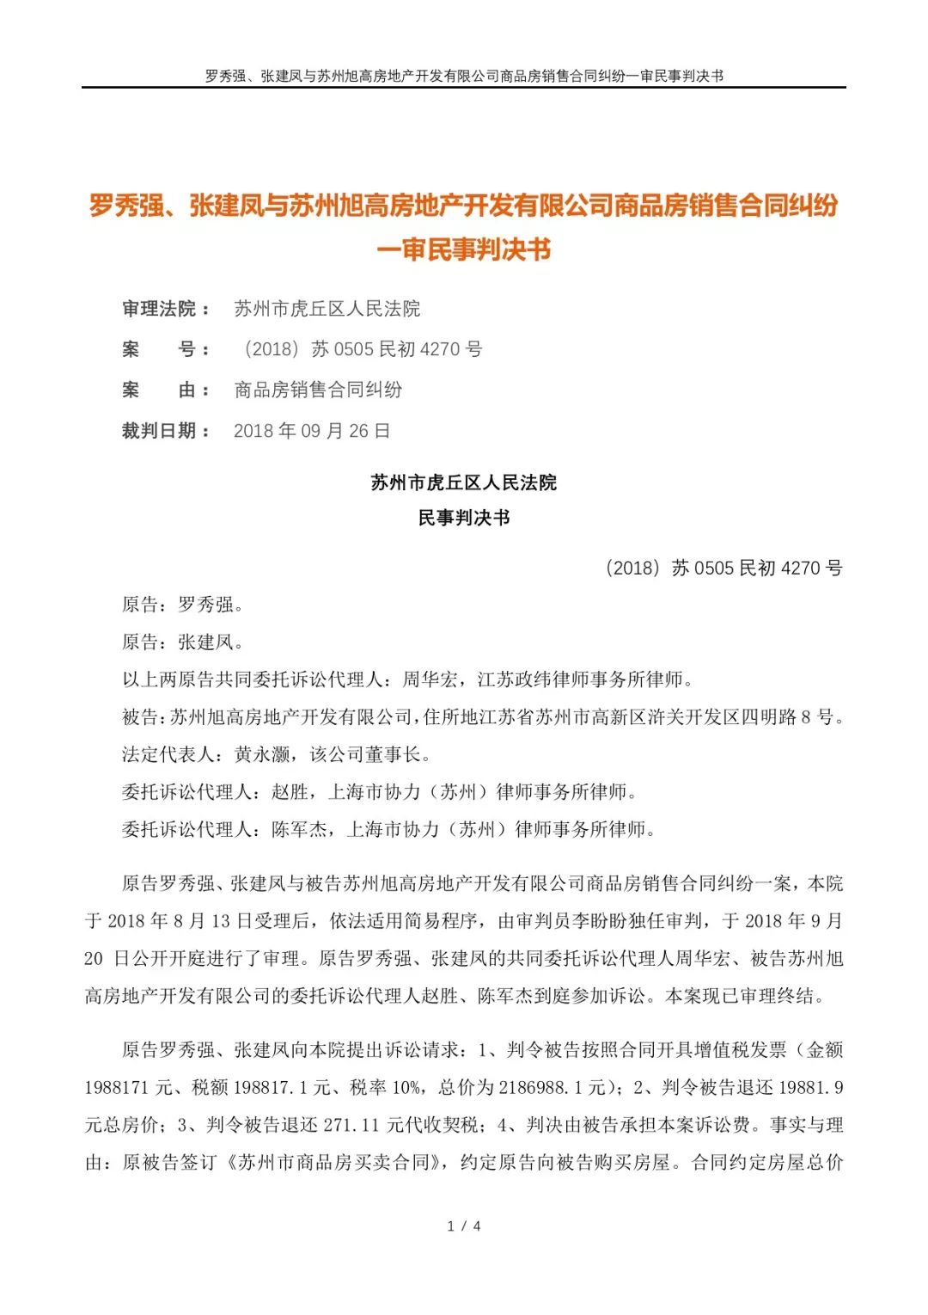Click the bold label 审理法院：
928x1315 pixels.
point(167,309)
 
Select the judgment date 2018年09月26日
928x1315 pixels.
point(311,431)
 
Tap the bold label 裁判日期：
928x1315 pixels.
point(167,431)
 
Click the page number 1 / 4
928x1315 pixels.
point(464,1226)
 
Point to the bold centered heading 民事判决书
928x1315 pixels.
point(464,518)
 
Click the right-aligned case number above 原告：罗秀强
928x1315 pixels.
point(723,568)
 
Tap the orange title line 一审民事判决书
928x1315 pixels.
point(464,250)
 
